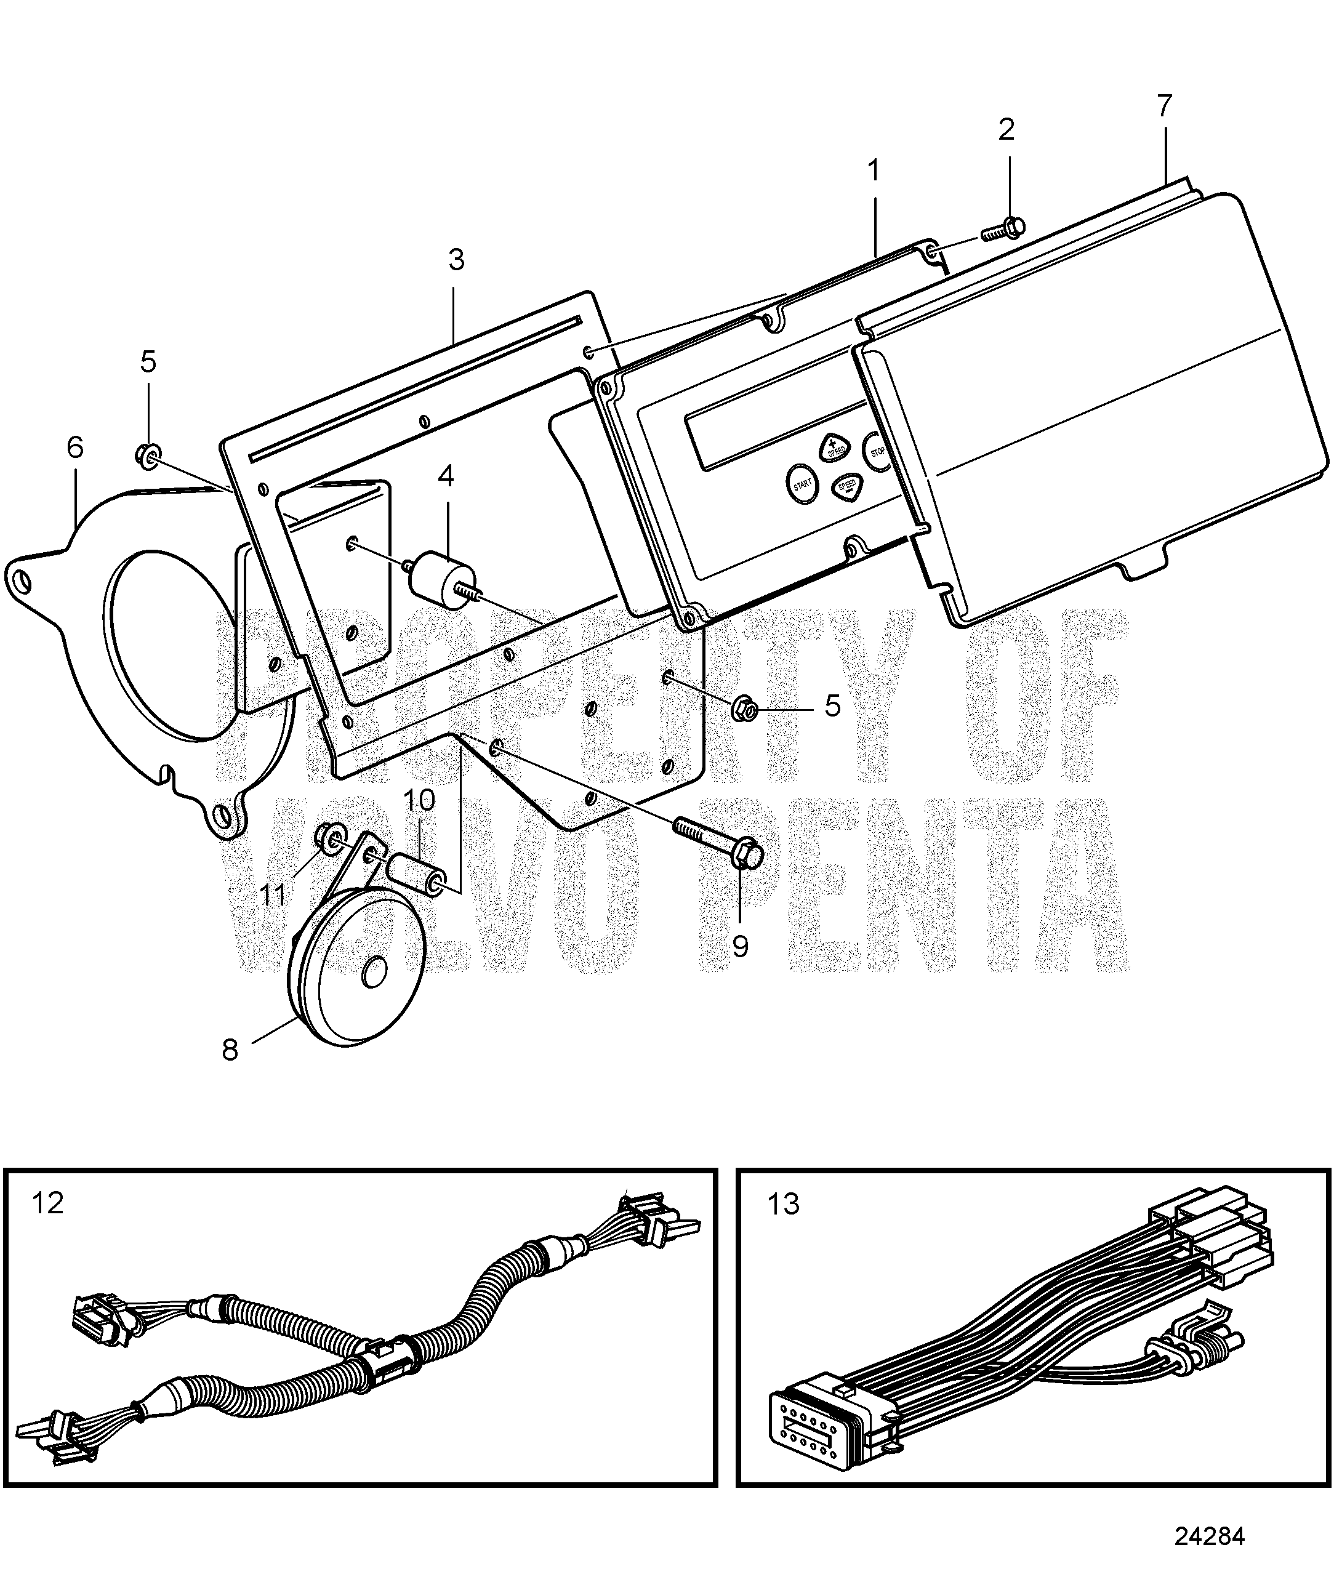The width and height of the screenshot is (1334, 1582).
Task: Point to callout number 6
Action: click(x=75, y=448)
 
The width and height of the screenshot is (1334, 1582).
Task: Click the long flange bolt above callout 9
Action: click(x=718, y=840)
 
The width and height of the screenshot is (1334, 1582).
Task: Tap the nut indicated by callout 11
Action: click(x=327, y=837)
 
